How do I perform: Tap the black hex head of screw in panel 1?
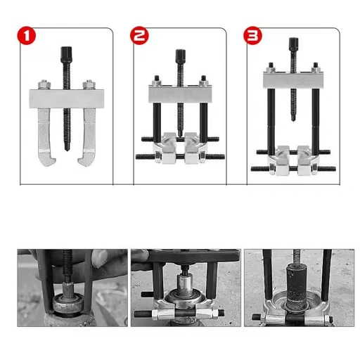point(67,51)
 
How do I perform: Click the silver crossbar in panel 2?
point(180,92)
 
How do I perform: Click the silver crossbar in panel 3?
point(292,79)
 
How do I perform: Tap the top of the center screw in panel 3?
point(292,43)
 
